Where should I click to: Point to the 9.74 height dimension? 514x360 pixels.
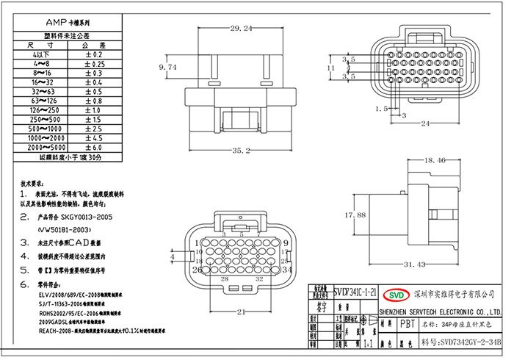[x=168, y=67]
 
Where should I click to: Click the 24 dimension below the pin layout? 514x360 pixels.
[x=424, y=124]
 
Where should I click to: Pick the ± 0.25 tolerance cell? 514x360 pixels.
[x=98, y=64]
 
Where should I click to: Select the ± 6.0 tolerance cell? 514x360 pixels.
[x=98, y=148]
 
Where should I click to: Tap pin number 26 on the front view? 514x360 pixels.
[x=197, y=270]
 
